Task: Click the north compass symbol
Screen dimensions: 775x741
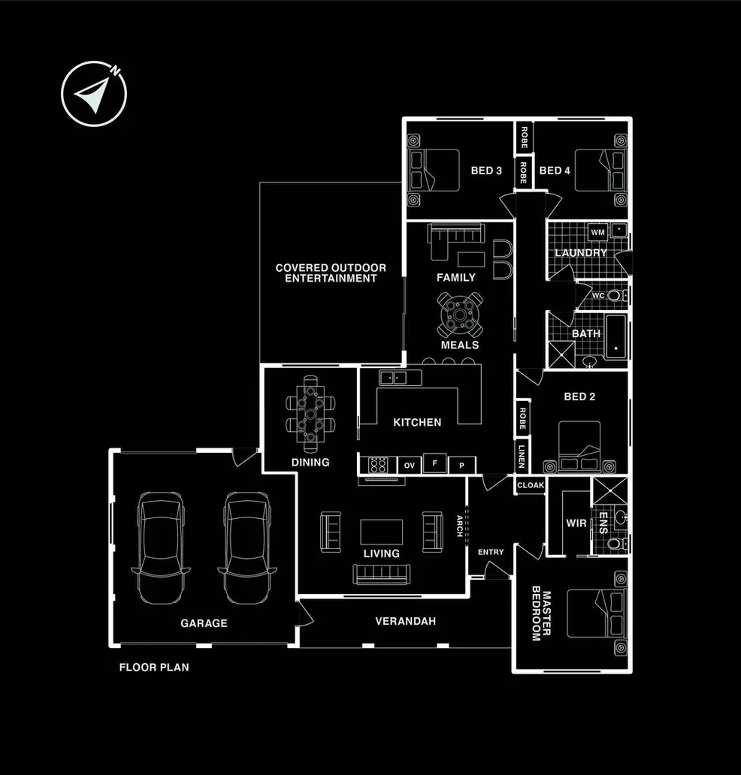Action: pyautogui.click(x=94, y=93)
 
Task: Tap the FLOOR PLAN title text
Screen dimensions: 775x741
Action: pyautogui.click(x=154, y=666)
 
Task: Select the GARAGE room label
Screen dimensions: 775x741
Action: pyautogui.click(x=204, y=623)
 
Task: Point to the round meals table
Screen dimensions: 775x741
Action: pyautogui.click(x=459, y=315)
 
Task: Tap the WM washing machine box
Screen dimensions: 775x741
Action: pyautogui.click(x=597, y=232)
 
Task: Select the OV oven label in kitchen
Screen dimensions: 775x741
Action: pyautogui.click(x=410, y=466)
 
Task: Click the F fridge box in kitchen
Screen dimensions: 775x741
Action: pyautogui.click(x=434, y=463)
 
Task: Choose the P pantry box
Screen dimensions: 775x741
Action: pyautogui.click(x=462, y=466)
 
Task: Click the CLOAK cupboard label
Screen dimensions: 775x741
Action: pyautogui.click(x=530, y=485)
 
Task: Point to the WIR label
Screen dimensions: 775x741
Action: pyautogui.click(x=575, y=523)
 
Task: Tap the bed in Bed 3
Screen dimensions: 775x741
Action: pyautogui.click(x=434, y=170)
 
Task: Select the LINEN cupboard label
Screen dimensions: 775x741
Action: pyautogui.click(x=522, y=456)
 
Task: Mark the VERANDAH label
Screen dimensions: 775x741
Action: pyautogui.click(x=406, y=621)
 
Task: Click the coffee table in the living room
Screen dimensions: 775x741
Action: pyautogui.click(x=381, y=532)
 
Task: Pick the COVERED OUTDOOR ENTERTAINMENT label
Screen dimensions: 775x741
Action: pyautogui.click(x=331, y=273)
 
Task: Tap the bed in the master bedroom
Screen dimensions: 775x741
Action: pyautogui.click(x=596, y=613)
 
